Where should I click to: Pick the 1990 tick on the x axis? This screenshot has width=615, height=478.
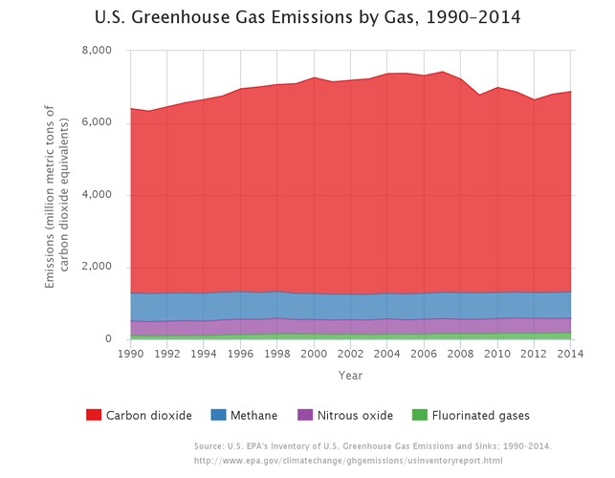tap(130, 353)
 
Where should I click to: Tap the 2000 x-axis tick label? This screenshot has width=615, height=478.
tap(314, 353)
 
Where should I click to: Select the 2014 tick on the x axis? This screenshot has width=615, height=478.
tap(571, 353)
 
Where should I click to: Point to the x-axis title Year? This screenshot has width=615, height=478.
tap(350, 376)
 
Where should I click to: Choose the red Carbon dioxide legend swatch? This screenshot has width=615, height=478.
tap(94, 416)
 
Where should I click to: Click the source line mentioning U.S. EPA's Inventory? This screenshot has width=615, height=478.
tap(372, 446)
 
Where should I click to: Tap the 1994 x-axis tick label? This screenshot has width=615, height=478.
tap(204, 353)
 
